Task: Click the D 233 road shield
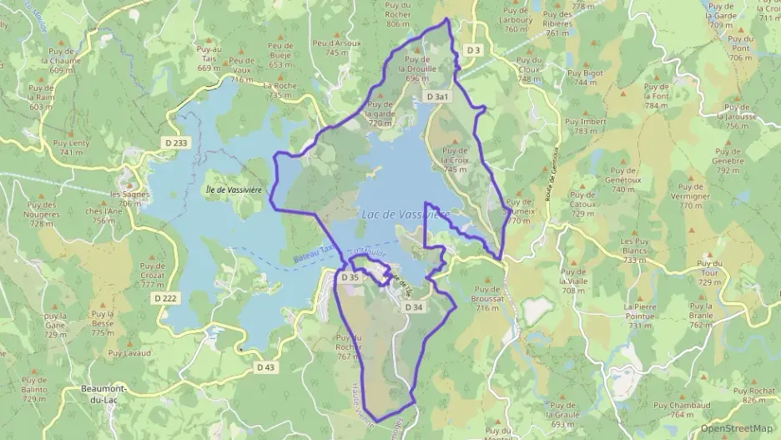176,144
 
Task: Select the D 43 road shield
265,367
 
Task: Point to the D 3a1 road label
437,97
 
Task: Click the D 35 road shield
350,276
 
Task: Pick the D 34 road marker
415,307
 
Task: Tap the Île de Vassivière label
234,190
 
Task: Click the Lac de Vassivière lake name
406,215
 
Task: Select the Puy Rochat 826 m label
753,395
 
